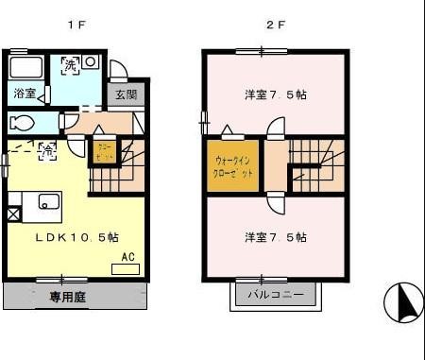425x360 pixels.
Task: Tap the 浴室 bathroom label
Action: [x=25, y=94]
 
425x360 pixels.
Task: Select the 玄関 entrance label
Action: [x=127, y=94]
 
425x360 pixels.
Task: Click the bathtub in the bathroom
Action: [x=25, y=69]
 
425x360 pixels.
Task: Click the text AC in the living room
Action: [x=126, y=255]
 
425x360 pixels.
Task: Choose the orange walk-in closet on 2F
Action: [x=232, y=166]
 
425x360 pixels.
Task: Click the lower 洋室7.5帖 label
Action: [x=275, y=237]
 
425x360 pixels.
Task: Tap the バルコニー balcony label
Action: [x=275, y=295]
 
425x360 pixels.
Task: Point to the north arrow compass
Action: [x=403, y=302]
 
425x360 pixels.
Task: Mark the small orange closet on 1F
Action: [x=103, y=151]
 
